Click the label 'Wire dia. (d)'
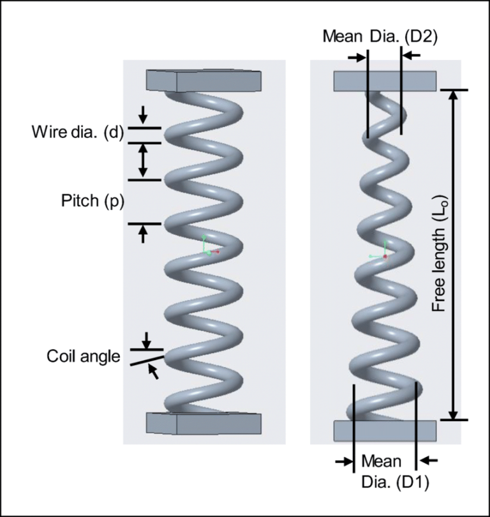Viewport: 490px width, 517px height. (x=77, y=134)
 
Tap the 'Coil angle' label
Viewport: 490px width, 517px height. (x=83, y=356)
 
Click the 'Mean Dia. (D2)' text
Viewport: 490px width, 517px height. (x=381, y=37)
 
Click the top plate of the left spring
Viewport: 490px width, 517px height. (x=204, y=80)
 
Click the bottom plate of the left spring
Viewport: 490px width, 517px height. (x=204, y=423)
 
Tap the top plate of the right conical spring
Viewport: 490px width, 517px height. (x=385, y=80)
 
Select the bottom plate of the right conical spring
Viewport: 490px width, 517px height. (x=385, y=430)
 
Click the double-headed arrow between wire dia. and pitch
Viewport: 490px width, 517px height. (x=144, y=160)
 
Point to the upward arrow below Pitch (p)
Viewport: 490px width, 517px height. (x=144, y=234)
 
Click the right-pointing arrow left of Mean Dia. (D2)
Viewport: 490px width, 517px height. (x=356, y=56)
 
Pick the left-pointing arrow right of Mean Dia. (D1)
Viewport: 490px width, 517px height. (x=429, y=460)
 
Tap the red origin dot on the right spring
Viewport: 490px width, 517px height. (x=385, y=257)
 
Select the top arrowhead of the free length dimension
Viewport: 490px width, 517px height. (x=454, y=96)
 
